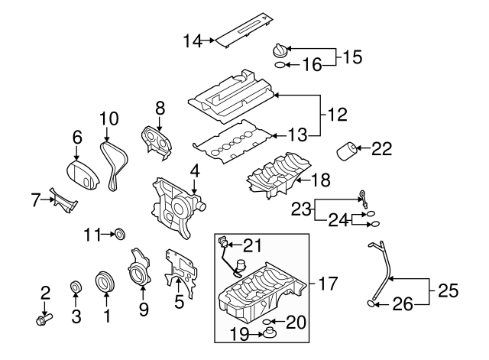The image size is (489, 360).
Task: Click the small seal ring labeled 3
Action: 76,288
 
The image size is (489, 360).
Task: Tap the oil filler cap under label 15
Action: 280,50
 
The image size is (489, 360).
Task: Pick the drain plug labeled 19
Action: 270,334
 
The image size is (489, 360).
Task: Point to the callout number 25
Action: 449,290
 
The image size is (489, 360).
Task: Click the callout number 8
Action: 160,109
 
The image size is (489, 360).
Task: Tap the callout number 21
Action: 253,245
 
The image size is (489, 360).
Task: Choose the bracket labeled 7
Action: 63,200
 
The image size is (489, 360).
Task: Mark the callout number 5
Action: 179,302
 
